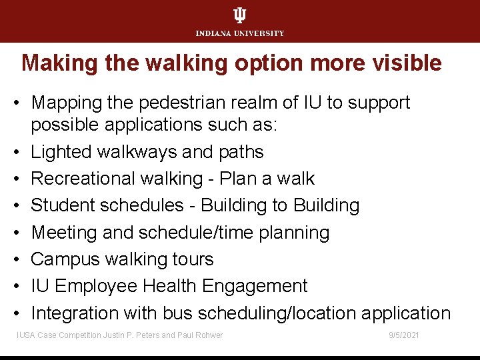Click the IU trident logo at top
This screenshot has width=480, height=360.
point(240,16)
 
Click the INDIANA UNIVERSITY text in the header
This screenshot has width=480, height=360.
point(240,33)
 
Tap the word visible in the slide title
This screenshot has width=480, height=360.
point(409,63)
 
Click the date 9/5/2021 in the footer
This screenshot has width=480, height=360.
point(404,335)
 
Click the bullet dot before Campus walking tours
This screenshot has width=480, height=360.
point(21,259)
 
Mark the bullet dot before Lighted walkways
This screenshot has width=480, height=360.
point(21,152)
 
